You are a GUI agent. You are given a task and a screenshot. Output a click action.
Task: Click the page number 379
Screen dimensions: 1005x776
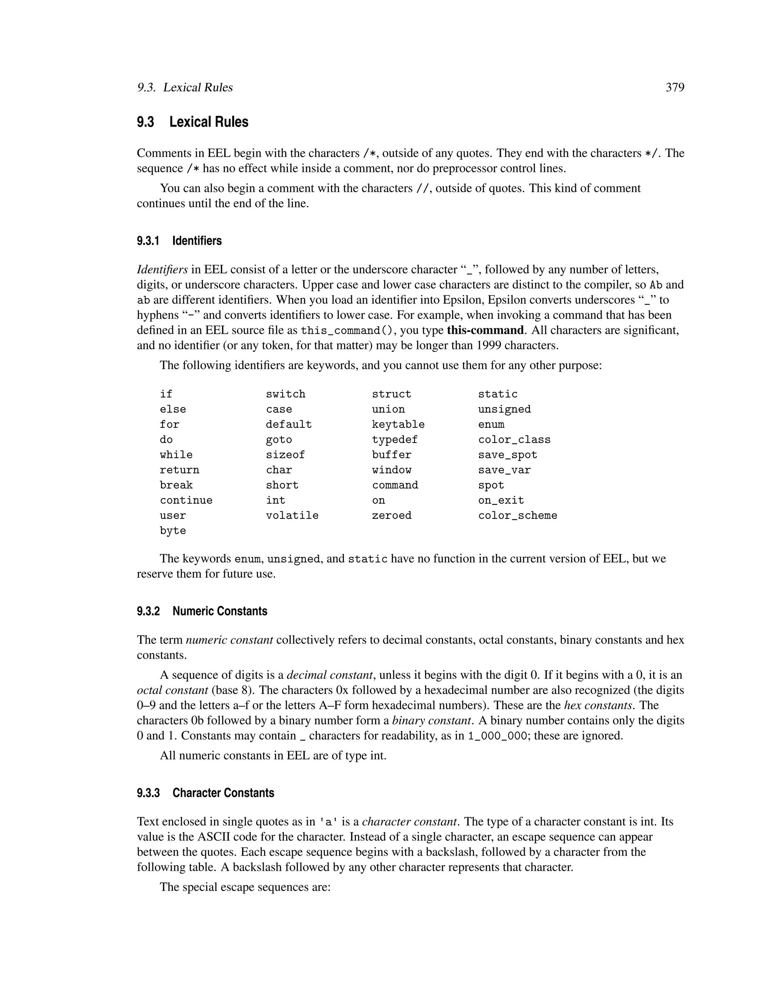674,88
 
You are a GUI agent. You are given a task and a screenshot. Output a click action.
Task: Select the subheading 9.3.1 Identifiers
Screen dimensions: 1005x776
179,241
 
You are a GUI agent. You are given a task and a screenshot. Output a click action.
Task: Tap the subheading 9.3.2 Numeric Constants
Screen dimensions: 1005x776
202,611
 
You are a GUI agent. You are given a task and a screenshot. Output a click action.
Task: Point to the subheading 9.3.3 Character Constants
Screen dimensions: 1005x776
205,793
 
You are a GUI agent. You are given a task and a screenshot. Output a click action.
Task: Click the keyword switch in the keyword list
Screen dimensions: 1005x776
285,394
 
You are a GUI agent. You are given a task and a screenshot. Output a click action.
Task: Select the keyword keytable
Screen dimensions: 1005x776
398,425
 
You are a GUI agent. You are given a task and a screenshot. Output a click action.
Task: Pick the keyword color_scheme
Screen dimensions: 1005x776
517,516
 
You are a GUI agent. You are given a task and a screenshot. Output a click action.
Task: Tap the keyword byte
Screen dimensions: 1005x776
173,531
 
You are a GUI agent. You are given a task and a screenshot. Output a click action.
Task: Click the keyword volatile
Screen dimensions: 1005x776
292,516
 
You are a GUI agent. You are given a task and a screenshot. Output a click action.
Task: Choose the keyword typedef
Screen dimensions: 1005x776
394,440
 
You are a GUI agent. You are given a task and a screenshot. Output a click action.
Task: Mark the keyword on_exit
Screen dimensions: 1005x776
501,501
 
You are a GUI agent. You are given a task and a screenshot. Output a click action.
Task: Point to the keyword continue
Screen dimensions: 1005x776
186,501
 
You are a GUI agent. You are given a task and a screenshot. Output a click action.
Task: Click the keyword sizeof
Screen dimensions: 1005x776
285,455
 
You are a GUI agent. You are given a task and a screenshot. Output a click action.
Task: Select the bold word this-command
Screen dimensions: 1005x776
485,330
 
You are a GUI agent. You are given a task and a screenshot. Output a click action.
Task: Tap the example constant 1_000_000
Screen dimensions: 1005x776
497,736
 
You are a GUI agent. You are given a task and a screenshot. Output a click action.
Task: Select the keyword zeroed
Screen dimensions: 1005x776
392,516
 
